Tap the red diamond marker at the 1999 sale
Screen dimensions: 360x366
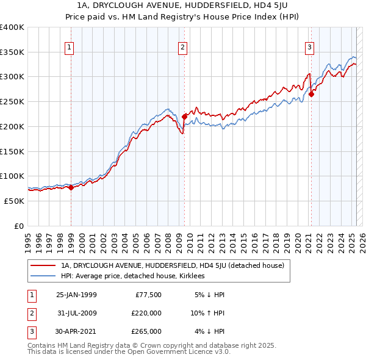point(71,187)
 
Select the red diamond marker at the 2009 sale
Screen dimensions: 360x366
point(184,115)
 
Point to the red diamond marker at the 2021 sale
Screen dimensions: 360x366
point(311,94)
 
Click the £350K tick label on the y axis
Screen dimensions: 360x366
point(12,52)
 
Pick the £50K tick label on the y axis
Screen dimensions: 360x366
point(13,201)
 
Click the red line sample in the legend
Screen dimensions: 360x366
point(43,265)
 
